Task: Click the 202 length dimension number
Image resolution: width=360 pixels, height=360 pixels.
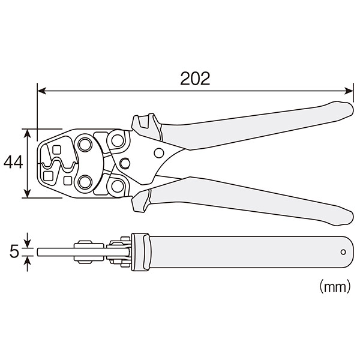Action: [195, 79]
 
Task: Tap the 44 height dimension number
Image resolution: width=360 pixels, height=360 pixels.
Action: [13, 162]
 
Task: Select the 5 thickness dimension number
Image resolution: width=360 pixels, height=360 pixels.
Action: [14, 251]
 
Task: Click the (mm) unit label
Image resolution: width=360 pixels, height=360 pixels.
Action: [335, 286]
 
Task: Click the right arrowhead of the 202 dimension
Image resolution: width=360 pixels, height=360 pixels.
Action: [349, 91]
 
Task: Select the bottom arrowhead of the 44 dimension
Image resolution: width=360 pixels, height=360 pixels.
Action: [28, 193]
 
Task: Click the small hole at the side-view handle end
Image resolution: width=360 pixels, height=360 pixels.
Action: [343, 252]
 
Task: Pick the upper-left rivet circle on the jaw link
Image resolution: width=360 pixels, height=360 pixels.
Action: [85, 145]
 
